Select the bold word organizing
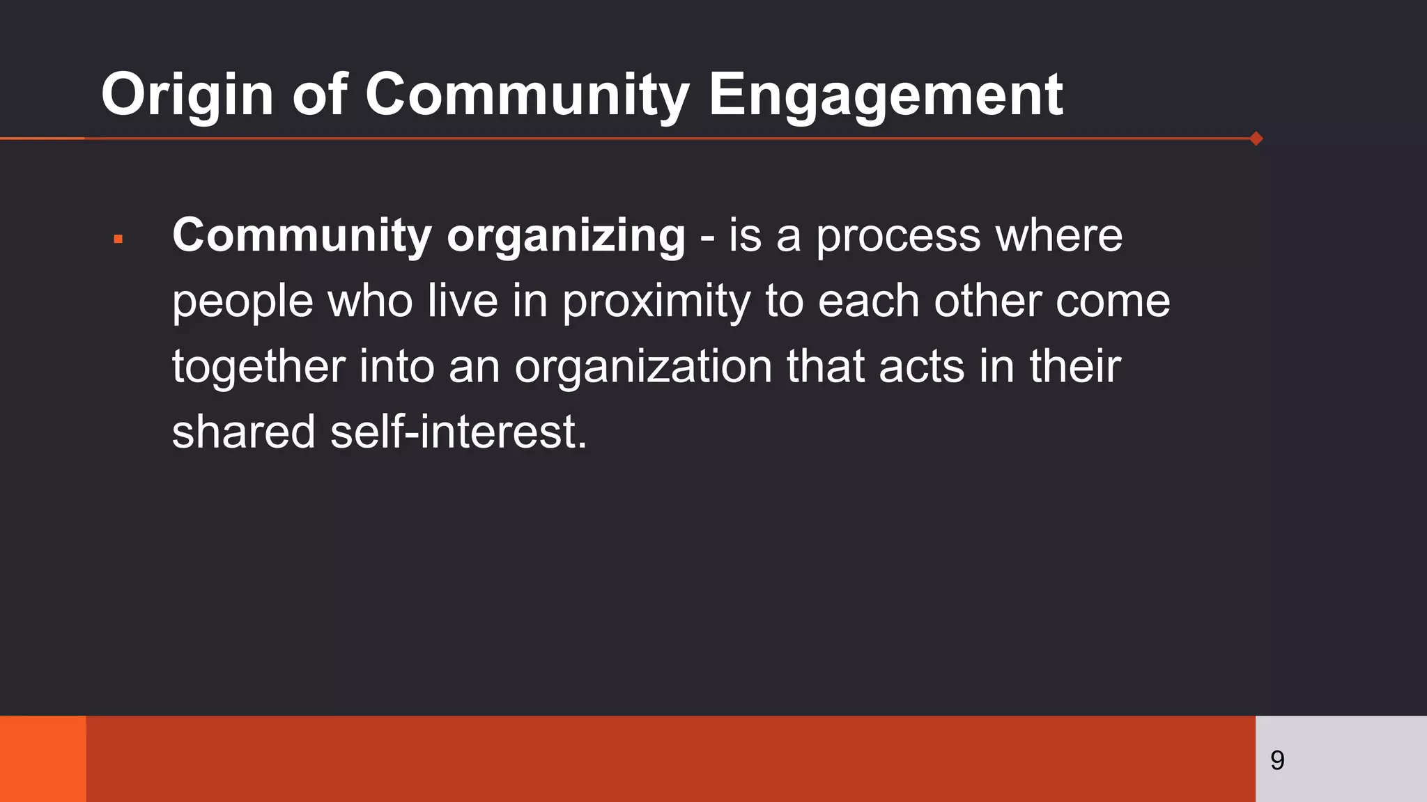pyautogui.click(x=566, y=236)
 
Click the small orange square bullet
pyautogui.click(x=118, y=239)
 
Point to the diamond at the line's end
pyautogui.click(x=1256, y=139)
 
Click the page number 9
pyautogui.click(x=1277, y=760)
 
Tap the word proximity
pyautogui.click(x=656, y=301)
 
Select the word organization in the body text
pyautogui.click(x=643, y=366)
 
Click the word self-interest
pyautogui.click(x=458, y=432)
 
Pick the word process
pyautogui.click(x=898, y=236)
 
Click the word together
pyautogui.click(x=259, y=366)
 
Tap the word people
pyautogui.click(x=242, y=301)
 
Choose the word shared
pyautogui.click(x=243, y=432)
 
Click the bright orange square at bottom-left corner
pyautogui.click(x=43, y=759)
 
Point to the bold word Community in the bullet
pyautogui.click(x=302, y=236)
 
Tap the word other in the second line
pyautogui.click(x=987, y=301)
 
